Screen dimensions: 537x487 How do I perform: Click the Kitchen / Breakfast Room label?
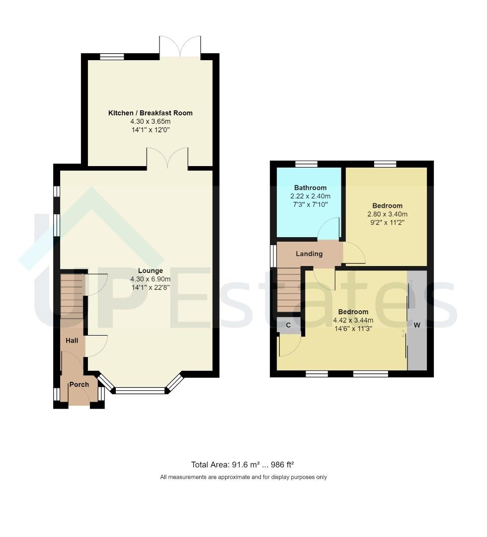click(x=150, y=113)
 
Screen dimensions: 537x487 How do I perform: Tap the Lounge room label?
click(x=150, y=270)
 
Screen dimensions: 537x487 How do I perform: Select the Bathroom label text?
click(x=310, y=187)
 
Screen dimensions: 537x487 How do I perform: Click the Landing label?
click(x=309, y=254)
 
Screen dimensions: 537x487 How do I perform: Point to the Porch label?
click(x=79, y=384)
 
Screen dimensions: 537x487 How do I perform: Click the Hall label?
click(x=72, y=341)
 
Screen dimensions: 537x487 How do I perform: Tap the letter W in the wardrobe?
click(x=417, y=325)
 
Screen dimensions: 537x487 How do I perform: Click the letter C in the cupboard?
click(x=288, y=325)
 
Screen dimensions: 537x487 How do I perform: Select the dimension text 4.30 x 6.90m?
click(x=150, y=279)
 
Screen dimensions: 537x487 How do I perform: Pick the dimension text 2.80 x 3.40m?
click(x=387, y=214)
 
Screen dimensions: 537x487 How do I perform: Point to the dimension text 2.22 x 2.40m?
click(x=310, y=196)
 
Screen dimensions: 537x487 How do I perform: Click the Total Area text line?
click(x=243, y=464)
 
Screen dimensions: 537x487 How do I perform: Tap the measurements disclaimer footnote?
click(x=243, y=477)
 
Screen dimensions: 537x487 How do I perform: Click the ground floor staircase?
click(x=72, y=296)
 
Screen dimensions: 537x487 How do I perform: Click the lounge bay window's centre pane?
click(x=140, y=391)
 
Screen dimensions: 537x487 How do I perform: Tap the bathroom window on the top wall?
click(x=306, y=164)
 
